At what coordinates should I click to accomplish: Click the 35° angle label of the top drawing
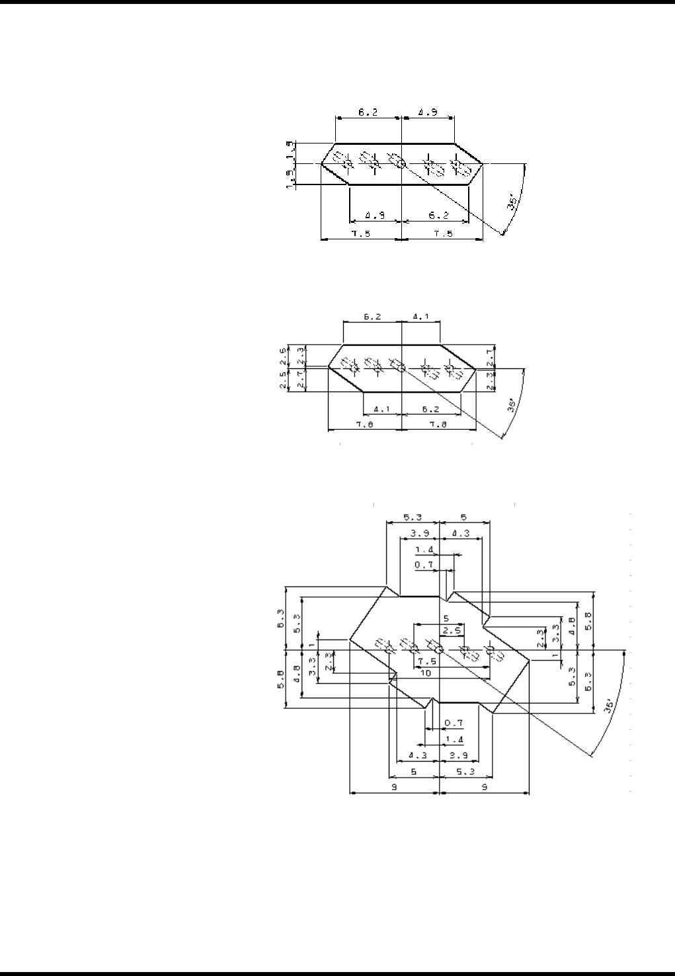point(512,202)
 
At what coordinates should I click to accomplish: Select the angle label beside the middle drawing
point(512,405)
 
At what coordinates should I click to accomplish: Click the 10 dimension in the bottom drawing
point(426,672)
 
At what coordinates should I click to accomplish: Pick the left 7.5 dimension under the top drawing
point(360,234)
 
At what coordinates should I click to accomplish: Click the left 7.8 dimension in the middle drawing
point(364,425)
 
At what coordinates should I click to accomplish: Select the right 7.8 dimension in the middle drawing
point(437,425)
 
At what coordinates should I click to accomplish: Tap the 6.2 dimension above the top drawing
point(368,112)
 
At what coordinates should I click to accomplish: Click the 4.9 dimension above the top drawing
point(428,112)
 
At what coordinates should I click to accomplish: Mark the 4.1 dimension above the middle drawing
point(421,317)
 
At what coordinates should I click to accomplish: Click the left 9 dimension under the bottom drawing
point(393,787)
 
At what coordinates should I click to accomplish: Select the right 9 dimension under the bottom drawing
point(484,787)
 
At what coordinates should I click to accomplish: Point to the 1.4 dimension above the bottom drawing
point(423,550)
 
